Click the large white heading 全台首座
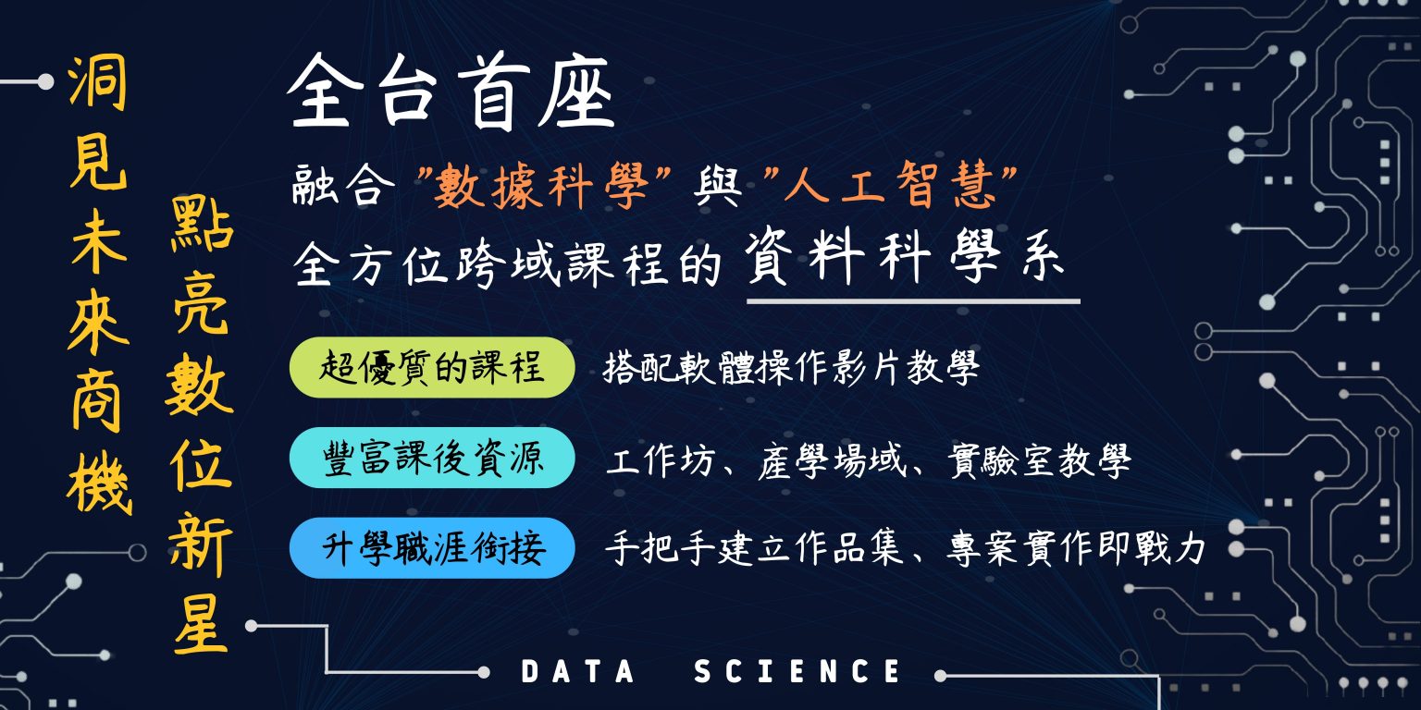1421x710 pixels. click(x=451, y=92)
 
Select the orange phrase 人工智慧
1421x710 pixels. click(x=889, y=186)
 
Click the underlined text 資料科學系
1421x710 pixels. click(x=905, y=257)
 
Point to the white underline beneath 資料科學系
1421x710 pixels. click(x=913, y=301)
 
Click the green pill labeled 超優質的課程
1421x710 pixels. click(x=432, y=368)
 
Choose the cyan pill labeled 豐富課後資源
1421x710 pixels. click(x=432, y=458)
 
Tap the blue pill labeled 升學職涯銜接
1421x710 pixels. click(x=432, y=547)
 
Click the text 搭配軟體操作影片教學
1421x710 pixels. click(x=791, y=368)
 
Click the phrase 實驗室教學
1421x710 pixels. click(x=1039, y=460)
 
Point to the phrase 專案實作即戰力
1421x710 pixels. click(x=1076, y=549)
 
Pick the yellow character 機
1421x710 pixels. click(x=100, y=484)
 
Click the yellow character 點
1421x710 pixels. click(x=202, y=226)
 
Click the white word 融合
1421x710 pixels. click(x=342, y=185)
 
